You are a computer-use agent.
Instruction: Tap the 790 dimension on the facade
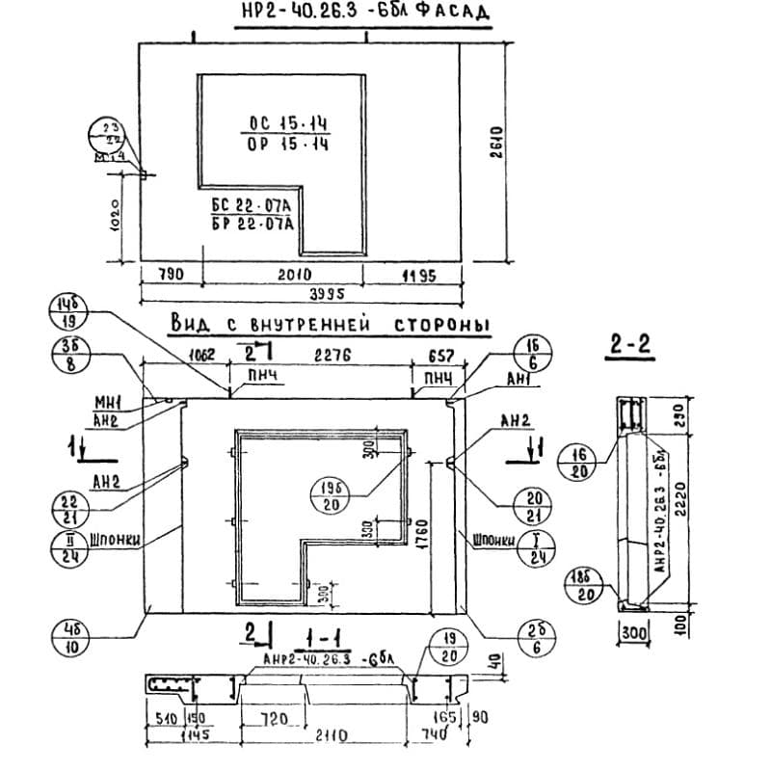click(x=170, y=275)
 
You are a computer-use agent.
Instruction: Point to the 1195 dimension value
click(x=417, y=275)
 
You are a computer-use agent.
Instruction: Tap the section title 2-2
click(x=631, y=343)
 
